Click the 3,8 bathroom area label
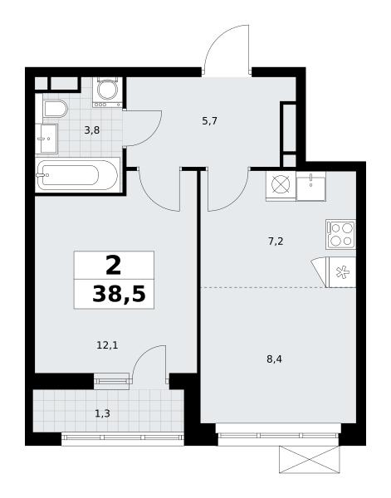[92, 130]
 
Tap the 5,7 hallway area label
[210, 121]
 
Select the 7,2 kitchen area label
[276, 242]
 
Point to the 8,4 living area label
[275, 359]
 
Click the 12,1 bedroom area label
[107, 345]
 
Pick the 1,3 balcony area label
[103, 413]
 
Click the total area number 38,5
[119, 294]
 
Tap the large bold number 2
[114, 266]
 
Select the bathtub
[77, 175]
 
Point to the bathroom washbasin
[46, 139]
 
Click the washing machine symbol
[108, 91]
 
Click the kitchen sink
[311, 186]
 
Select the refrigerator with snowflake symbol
[342, 272]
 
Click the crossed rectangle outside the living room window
[309, 460]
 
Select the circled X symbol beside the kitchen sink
[281, 186]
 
